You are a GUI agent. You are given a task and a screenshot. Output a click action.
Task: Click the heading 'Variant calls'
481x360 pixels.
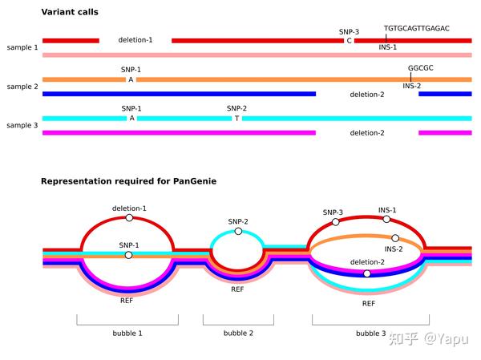point(75,13)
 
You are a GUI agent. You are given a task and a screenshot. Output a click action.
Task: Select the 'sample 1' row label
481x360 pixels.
point(22,48)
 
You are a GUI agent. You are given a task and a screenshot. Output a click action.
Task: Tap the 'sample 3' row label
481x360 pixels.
point(22,125)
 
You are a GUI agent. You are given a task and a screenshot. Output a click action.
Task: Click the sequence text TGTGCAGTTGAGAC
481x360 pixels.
point(416,28)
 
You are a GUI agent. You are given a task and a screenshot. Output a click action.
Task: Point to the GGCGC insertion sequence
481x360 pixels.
point(420,68)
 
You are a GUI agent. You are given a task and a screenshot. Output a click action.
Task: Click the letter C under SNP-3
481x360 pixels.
point(349,40)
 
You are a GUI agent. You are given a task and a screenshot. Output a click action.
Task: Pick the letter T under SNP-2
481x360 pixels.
point(236,118)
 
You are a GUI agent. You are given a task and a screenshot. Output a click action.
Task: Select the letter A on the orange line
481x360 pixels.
point(131,79)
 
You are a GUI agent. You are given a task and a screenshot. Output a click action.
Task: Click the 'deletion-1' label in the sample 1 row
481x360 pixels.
point(135,40)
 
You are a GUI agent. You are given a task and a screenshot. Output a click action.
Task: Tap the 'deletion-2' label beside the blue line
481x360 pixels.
point(366,94)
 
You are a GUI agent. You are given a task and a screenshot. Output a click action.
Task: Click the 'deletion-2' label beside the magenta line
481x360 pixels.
point(366,132)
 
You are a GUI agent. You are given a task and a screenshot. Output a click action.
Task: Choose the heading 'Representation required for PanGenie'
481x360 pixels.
point(128,181)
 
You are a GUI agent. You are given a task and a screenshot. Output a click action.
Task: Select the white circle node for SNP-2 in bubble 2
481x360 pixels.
point(238,231)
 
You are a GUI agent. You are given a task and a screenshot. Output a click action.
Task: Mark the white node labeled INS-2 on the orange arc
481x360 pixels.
point(395,238)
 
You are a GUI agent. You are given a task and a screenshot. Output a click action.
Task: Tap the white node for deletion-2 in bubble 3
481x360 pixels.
point(367,273)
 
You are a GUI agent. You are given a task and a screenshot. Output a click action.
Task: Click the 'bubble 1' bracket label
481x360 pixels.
point(127,333)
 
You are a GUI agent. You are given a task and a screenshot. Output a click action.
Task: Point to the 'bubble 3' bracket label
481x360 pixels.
point(371,333)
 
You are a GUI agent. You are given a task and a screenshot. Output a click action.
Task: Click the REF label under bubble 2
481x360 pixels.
point(238,289)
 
